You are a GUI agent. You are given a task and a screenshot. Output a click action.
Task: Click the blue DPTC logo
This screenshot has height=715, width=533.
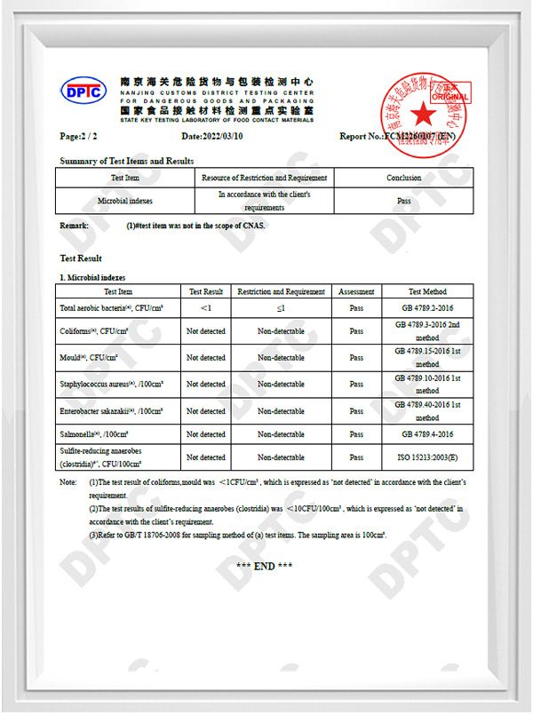83,91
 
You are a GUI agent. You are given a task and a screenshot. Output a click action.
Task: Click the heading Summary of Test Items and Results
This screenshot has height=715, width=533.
126,161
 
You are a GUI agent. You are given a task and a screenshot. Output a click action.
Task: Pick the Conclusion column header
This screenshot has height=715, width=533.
403,178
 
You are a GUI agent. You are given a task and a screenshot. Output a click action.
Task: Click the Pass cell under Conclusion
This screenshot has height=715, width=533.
403,201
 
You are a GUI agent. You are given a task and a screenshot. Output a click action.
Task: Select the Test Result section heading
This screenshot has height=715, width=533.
81,258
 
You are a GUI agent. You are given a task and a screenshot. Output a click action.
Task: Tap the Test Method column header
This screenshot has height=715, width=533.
427,291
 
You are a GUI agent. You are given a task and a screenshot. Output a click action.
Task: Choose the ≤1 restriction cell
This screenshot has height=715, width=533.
281,308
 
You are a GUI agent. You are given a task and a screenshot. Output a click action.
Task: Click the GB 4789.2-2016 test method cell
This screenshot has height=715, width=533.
427,308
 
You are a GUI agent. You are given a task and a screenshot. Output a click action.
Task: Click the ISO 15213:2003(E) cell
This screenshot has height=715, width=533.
427,457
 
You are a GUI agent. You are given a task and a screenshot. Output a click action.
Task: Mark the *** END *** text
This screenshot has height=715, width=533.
265,567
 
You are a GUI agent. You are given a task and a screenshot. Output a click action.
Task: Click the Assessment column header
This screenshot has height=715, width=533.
356,291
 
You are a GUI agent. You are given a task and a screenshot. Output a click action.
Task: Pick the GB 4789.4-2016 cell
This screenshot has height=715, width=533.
427,434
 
